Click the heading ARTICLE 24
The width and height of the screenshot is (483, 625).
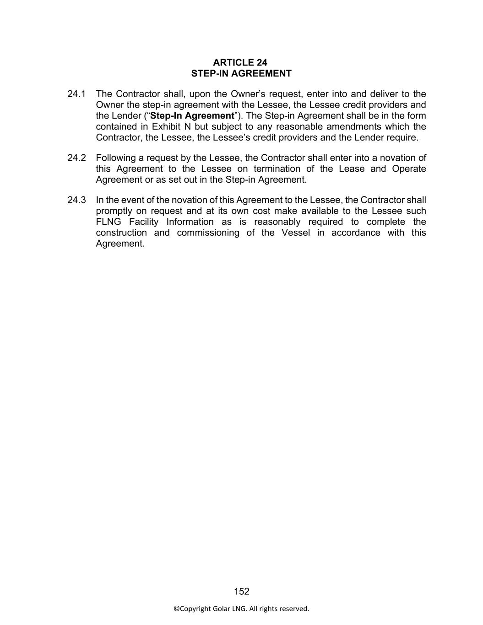pos(240,62)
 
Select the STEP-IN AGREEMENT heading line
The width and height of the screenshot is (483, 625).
pos(241,73)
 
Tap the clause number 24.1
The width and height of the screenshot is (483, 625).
pos(76,94)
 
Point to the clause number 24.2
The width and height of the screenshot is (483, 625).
pos(76,158)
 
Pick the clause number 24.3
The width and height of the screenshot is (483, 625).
pos(76,200)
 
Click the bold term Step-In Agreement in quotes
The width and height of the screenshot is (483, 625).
pos(192,116)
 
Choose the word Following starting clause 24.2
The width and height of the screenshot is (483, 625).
pos(116,158)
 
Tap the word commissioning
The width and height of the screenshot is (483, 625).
pos(208,233)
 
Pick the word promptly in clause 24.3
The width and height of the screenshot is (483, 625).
pos(114,211)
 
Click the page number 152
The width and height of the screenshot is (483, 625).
pos(241,591)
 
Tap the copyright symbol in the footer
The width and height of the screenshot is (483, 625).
pos(176,609)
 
